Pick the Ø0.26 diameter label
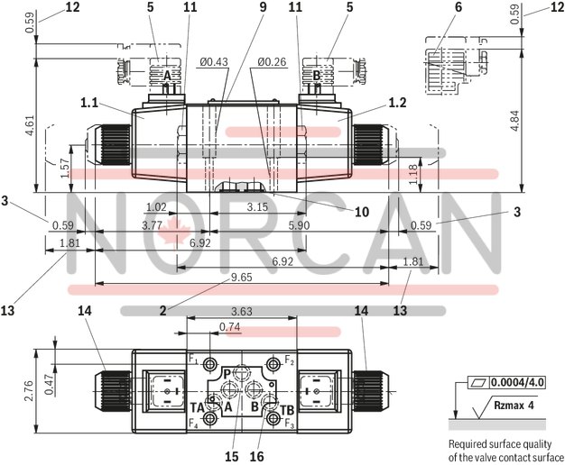click(x=271, y=62)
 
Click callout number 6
click(x=458, y=7)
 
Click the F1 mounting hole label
click(x=193, y=360)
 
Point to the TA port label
click(x=197, y=407)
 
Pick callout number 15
click(x=231, y=457)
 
